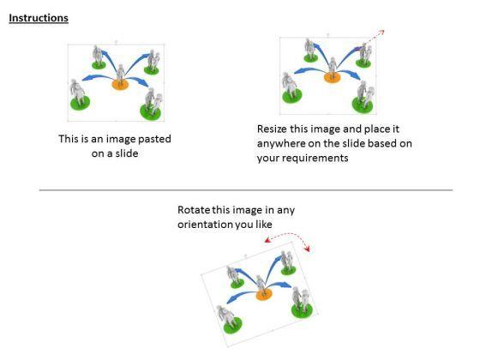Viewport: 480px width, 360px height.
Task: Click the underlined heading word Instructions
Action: click(39, 18)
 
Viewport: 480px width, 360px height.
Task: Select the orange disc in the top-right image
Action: click(333, 78)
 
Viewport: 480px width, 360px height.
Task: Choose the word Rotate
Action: click(193, 210)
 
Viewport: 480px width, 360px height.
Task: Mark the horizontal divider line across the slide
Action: click(245, 190)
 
